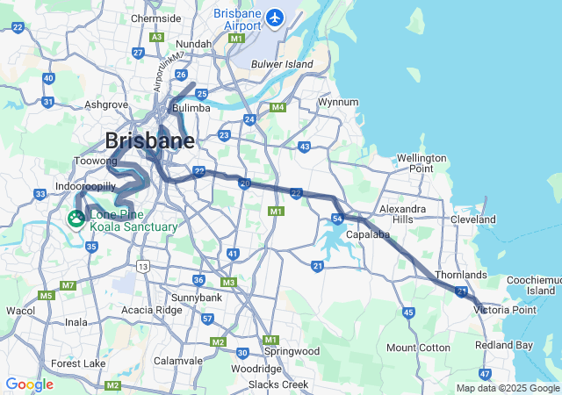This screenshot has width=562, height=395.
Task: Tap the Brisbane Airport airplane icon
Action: click(x=276, y=17)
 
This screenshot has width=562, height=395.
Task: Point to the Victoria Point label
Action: click(x=504, y=309)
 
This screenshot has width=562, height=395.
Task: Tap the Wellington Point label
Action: click(x=421, y=162)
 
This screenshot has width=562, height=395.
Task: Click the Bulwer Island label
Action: click(x=282, y=64)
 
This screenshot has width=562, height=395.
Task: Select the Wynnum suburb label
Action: click(x=338, y=102)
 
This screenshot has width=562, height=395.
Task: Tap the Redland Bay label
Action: click(x=505, y=345)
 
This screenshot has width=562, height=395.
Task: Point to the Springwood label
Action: click(x=292, y=351)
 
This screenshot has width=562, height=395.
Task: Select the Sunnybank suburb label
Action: click(x=198, y=298)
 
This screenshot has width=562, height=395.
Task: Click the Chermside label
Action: click(x=155, y=18)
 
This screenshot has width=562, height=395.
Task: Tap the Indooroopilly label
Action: click(x=83, y=187)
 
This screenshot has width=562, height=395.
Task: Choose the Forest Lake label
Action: click(x=78, y=363)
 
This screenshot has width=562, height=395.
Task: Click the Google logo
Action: click(x=29, y=384)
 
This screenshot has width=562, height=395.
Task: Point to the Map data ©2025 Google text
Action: click(x=507, y=388)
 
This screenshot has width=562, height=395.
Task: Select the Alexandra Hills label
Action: click(x=402, y=213)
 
